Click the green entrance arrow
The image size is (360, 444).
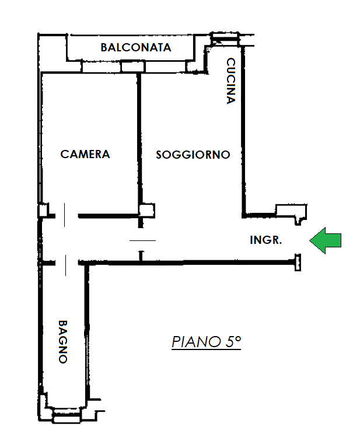point(325,240)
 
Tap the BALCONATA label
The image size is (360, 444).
point(136,47)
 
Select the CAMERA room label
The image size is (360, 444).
point(85,154)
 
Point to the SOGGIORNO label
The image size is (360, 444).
point(193,155)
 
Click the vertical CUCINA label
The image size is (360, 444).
point(231,81)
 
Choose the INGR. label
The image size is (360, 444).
point(265,240)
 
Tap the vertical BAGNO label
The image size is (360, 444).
point(63,342)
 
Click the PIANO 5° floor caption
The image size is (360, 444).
point(206,342)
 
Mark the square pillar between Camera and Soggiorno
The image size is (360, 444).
point(146,211)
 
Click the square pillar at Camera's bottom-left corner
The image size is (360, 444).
point(43,211)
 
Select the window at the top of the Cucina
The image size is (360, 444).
point(225,37)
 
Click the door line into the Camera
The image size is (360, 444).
point(65,215)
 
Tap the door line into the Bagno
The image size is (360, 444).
point(66,265)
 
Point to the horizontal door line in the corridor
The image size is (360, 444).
point(143,241)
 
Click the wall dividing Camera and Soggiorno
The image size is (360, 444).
point(139,139)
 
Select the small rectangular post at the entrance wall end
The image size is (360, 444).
point(298,263)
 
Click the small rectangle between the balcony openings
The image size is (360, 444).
point(133,67)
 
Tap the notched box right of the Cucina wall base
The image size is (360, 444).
point(292,213)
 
